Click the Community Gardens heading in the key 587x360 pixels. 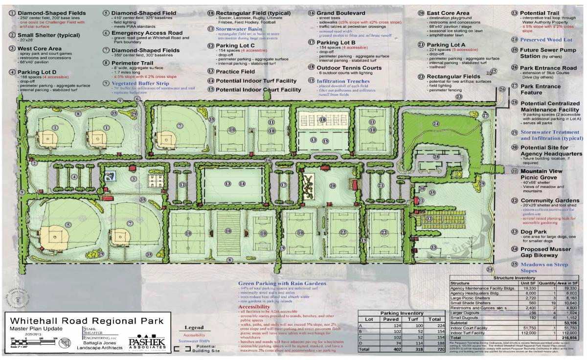550,201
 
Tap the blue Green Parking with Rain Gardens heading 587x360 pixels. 282,284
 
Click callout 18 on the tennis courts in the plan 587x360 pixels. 322,120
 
